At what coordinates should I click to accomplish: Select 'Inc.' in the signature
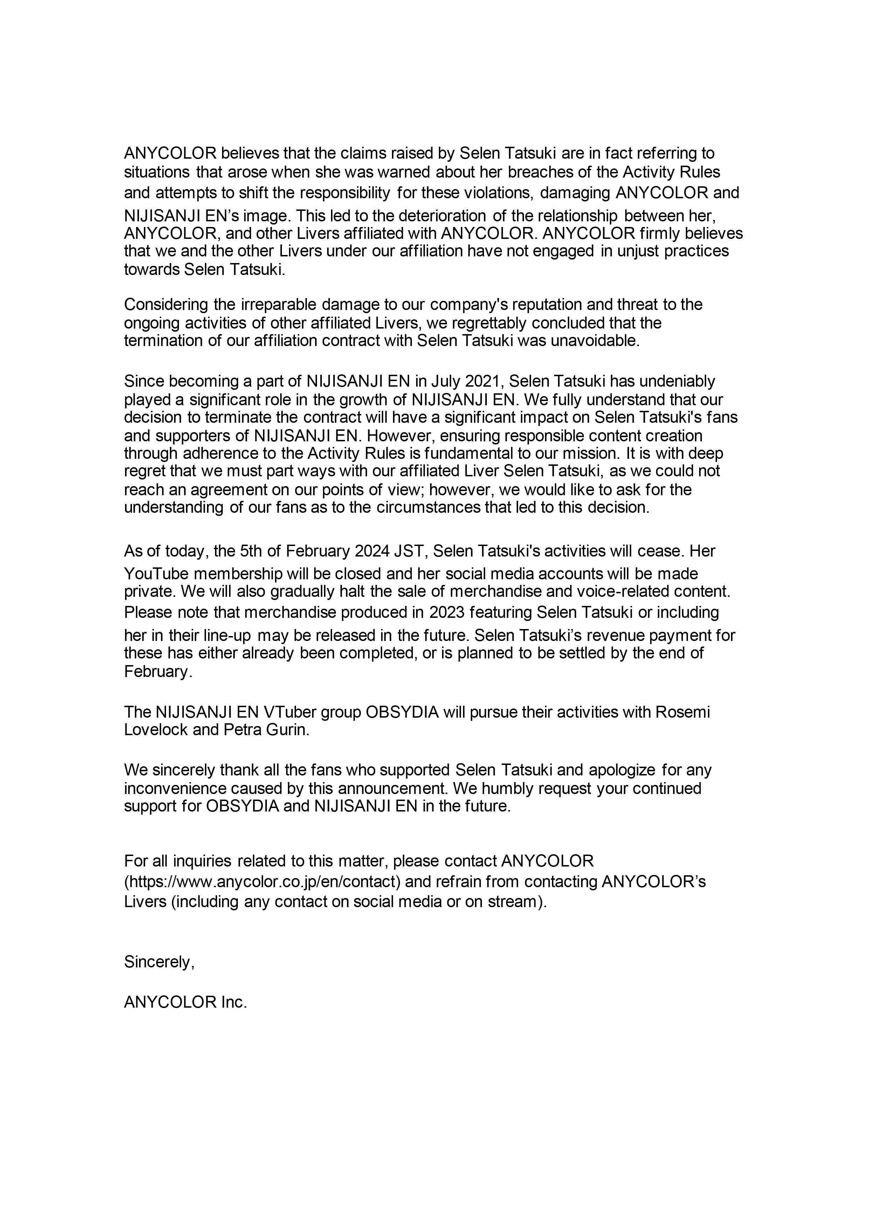[x=234, y=1002]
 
